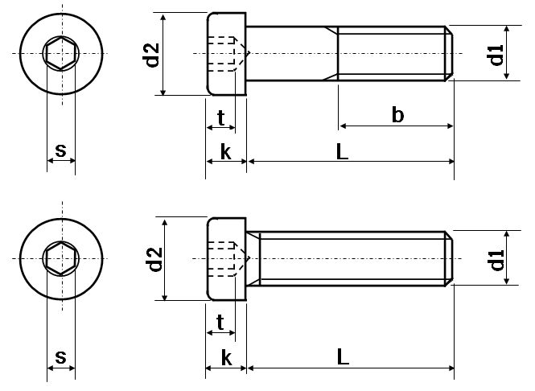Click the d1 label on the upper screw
click(496, 55)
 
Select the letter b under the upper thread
click(397, 115)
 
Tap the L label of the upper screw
click(343, 151)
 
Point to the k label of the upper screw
click(225, 152)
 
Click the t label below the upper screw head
click(220, 117)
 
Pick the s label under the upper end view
click(60, 150)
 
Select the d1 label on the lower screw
click(496, 258)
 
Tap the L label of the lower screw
click(343, 357)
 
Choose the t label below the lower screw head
click(220, 323)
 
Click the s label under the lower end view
click(60, 356)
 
